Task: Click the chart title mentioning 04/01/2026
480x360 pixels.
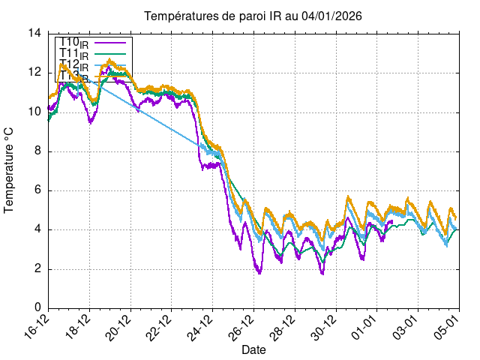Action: coord(247,16)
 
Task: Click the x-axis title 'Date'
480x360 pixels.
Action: coord(253,349)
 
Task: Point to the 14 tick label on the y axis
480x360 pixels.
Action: coord(34,33)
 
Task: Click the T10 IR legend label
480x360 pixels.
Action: coord(74,43)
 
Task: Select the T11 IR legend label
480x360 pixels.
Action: coord(74,54)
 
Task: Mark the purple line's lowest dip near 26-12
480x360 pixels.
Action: coord(259,273)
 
